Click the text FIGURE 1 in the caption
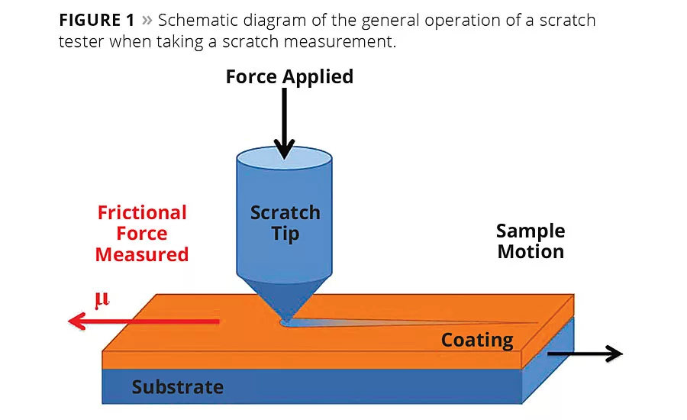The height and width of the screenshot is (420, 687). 96,21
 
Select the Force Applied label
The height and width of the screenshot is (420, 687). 289,76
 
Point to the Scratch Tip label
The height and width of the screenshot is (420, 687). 285,222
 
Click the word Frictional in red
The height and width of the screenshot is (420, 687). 142,213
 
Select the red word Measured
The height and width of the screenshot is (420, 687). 142,254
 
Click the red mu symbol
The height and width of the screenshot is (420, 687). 101,300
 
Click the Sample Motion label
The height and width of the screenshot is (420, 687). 531,241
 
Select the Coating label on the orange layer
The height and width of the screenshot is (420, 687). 477,340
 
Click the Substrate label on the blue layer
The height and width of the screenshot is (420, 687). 177,387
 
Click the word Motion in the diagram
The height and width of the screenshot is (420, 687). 531,251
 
